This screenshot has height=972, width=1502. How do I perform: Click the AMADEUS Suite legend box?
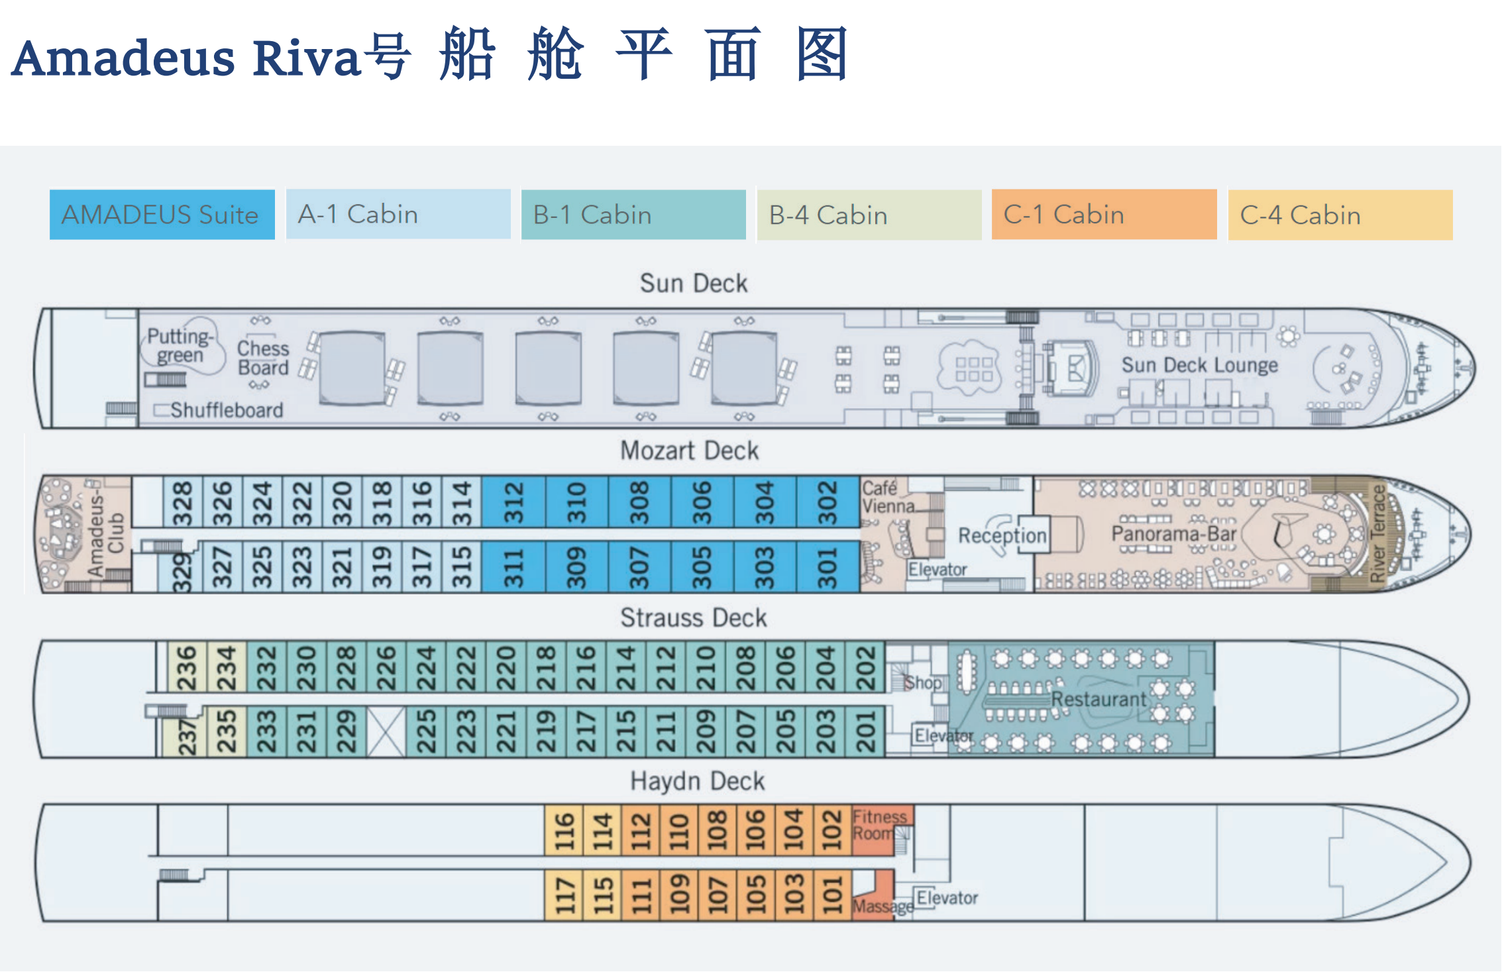point(162,215)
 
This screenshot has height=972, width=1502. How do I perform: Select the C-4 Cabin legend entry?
point(1340,215)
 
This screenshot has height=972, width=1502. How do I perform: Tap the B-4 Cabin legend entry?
point(869,215)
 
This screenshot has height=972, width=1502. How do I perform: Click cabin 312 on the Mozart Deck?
point(513,502)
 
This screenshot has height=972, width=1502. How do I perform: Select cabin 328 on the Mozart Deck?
point(182,502)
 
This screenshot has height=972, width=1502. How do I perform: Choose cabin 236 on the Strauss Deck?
point(187,667)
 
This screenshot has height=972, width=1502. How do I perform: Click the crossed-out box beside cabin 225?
point(386,731)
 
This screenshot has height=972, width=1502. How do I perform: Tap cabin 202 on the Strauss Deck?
point(865,667)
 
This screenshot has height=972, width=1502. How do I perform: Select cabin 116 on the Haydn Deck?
point(564,830)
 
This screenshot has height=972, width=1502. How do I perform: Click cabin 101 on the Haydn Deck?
point(832,895)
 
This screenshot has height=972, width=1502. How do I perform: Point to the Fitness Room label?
point(879,825)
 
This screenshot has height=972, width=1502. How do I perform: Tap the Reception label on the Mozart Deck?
point(1002,535)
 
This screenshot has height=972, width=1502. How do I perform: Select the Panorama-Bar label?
point(1173,533)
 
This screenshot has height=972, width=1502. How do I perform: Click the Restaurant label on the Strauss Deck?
point(1098,699)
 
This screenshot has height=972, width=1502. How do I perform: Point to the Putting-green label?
point(180,345)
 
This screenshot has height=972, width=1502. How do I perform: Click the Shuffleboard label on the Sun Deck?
point(227,410)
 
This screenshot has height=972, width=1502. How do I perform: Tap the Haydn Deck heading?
point(697,781)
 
